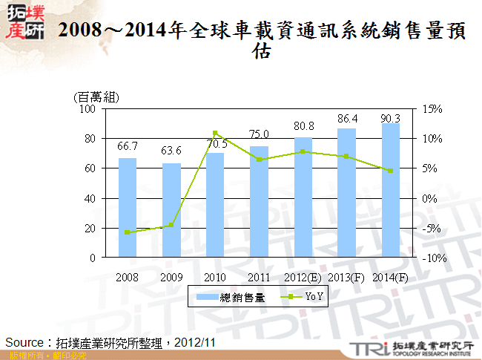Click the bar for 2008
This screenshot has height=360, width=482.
pyautogui.click(x=128, y=208)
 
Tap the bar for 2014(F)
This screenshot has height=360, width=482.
pyautogui.click(x=390, y=190)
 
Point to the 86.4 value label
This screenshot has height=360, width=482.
pyautogui.click(x=347, y=118)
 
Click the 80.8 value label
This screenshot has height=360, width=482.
pyautogui.click(x=303, y=126)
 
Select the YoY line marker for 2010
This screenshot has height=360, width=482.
pyautogui.click(x=215, y=133)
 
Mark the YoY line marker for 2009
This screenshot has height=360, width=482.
pyautogui.click(x=171, y=225)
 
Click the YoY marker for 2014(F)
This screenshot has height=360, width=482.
pyautogui.click(x=390, y=171)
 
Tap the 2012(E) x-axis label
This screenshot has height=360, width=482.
pyautogui.click(x=303, y=277)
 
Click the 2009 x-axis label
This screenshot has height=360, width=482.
pyautogui.click(x=171, y=277)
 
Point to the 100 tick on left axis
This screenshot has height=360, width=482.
pyautogui.click(x=88, y=109)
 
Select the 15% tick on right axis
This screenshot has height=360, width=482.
pyautogui.click(x=433, y=109)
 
